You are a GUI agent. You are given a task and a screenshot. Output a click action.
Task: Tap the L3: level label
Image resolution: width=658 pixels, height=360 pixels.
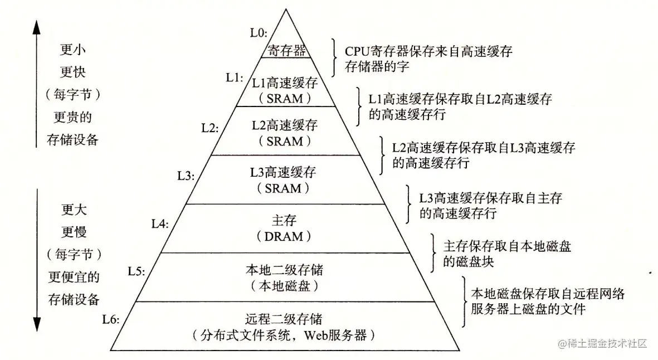[x=186, y=176]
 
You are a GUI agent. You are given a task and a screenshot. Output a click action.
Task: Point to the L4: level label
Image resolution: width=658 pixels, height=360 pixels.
[x=160, y=223]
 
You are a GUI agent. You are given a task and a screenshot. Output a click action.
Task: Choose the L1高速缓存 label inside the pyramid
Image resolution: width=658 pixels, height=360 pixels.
[x=285, y=83]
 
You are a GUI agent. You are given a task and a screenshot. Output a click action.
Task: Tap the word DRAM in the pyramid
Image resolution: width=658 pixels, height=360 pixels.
[x=285, y=236]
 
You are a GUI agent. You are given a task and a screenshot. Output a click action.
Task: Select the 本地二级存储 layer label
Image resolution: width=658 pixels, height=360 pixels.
[x=285, y=270]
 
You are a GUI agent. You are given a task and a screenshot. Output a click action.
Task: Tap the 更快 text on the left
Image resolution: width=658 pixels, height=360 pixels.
[x=72, y=72]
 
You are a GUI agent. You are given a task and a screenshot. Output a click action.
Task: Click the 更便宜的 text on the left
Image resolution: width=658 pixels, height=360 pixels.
[x=72, y=276]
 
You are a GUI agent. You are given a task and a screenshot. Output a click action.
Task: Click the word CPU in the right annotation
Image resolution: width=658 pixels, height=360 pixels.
[x=357, y=51]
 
